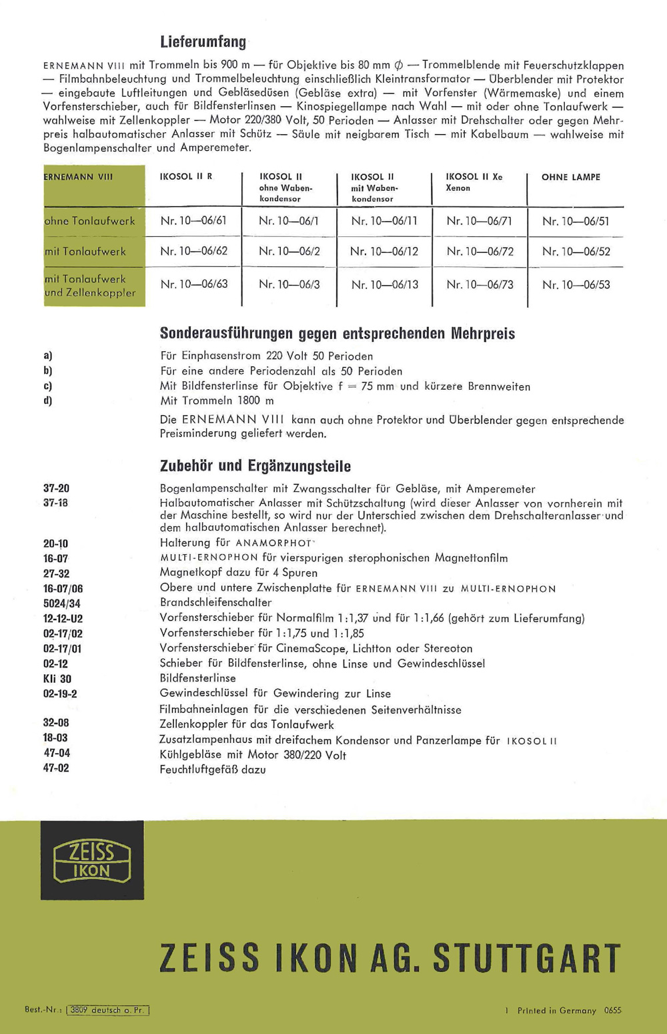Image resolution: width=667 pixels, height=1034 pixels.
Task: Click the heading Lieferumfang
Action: coord(203,42)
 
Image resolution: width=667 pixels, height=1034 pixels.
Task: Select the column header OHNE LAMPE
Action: coord(570,178)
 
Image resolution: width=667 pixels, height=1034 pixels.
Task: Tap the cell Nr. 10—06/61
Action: coord(193,221)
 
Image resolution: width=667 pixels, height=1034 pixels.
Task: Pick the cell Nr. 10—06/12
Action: coord(384,252)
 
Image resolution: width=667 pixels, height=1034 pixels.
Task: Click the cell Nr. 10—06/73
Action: coord(480,285)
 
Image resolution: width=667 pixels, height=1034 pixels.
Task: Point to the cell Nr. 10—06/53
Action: coord(576,285)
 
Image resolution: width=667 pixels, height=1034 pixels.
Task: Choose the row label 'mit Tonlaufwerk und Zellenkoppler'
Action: coord(90,286)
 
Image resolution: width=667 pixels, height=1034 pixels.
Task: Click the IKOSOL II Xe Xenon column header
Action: coord(474,182)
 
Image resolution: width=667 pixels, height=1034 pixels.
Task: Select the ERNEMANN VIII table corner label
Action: coord(78,178)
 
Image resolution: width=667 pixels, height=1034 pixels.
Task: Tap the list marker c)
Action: coord(47,386)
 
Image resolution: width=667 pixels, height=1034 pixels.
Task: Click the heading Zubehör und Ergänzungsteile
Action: coord(255,466)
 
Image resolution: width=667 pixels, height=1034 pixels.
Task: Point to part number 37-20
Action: coord(56,489)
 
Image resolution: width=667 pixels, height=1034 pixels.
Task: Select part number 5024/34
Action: coord(62,603)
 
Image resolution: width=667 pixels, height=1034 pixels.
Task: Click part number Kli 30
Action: coord(57,679)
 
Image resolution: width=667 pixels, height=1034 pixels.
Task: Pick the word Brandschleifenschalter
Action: coord(215,602)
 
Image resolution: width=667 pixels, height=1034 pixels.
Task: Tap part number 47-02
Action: coord(56,768)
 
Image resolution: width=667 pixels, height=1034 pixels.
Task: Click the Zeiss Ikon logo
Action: coord(92,860)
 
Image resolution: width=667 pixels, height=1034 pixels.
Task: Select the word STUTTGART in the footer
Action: coord(527,959)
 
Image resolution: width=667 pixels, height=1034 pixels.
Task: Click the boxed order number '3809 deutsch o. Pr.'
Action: coord(107,1010)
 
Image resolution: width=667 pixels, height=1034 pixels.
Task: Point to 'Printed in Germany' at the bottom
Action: coord(556,1011)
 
